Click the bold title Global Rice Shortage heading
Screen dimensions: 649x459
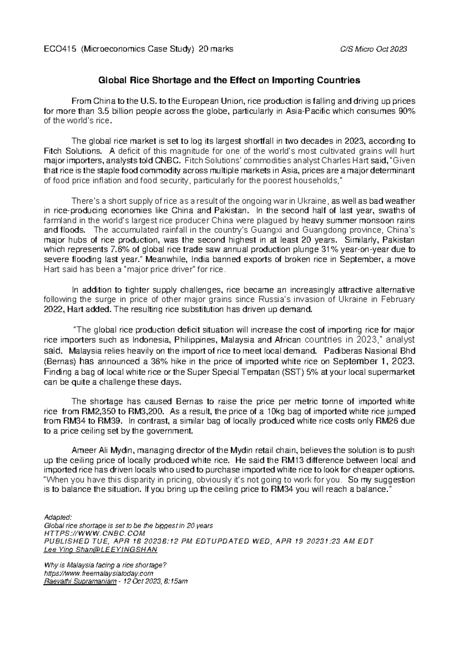click(x=229, y=80)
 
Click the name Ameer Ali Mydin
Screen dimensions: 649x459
click(x=101, y=450)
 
